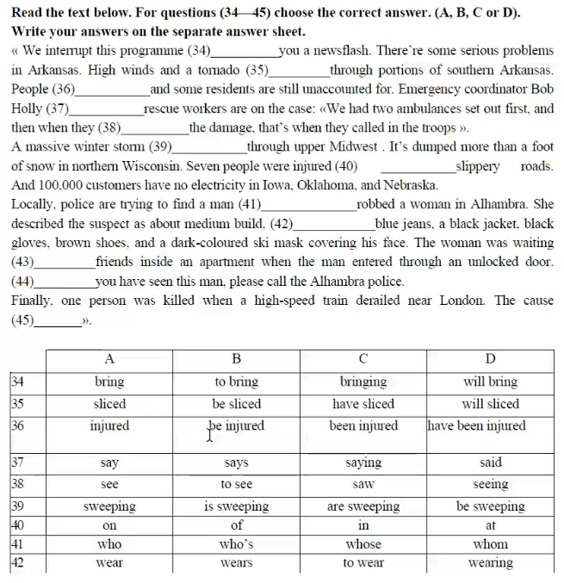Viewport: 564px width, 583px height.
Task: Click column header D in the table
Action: click(491, 358)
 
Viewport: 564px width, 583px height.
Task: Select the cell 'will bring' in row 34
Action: click(491, 381)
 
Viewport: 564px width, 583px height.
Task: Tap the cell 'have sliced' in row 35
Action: click(363, 403)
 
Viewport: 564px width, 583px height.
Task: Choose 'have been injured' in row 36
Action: click(476, 425)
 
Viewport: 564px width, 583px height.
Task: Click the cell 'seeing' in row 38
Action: click(491, 484)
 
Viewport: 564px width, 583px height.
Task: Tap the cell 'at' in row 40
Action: click(491, 524)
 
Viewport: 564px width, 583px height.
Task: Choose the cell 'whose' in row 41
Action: click(363, 544)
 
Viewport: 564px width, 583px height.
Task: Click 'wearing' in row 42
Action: click(491, 563)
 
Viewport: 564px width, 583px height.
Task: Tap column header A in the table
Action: click(109, 358)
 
